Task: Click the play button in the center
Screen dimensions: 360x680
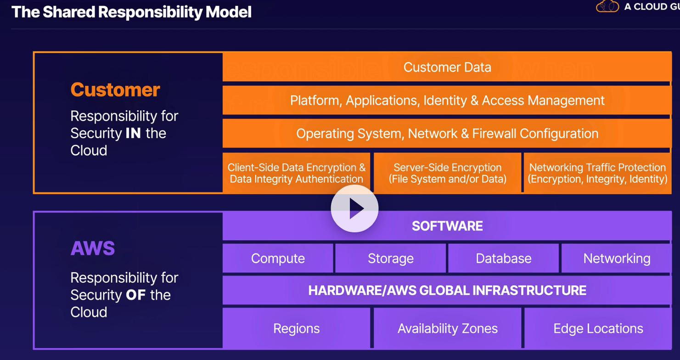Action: [x=354, y=209]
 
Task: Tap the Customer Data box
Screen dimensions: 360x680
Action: [x=447, y=67]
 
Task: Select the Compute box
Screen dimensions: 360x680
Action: [x=278, y=259]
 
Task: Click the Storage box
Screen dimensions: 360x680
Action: [x=390, y=259]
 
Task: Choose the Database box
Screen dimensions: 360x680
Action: [x=503, y=259]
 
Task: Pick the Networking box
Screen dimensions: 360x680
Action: [x=616, y=259]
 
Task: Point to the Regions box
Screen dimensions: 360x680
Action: [x=296, y=328]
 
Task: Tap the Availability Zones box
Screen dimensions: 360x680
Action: [x=447, y=328]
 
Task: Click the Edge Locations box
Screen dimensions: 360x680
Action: [x=598, y=328]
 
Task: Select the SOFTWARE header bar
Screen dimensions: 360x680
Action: [x=447, y=226]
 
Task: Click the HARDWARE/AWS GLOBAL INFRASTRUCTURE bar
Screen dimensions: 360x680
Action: [x=447, y=290]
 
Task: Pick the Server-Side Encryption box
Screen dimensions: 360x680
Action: [x=447, y=173]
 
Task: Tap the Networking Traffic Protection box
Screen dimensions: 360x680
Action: [x=597, y=173]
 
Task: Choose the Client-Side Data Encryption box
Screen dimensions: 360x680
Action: [x=296, y=173]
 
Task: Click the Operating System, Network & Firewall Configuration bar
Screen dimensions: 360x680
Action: [x=447, y=134]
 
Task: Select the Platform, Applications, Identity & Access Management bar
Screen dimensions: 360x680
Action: [x=447, y=100]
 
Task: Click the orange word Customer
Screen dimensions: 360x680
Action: [x=115, y=90]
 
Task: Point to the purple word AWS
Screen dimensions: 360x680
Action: [x=93, y=248]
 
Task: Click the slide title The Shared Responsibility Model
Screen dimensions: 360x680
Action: [x=131, y=12]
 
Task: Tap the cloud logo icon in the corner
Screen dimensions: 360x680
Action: [x=607, y=6]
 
